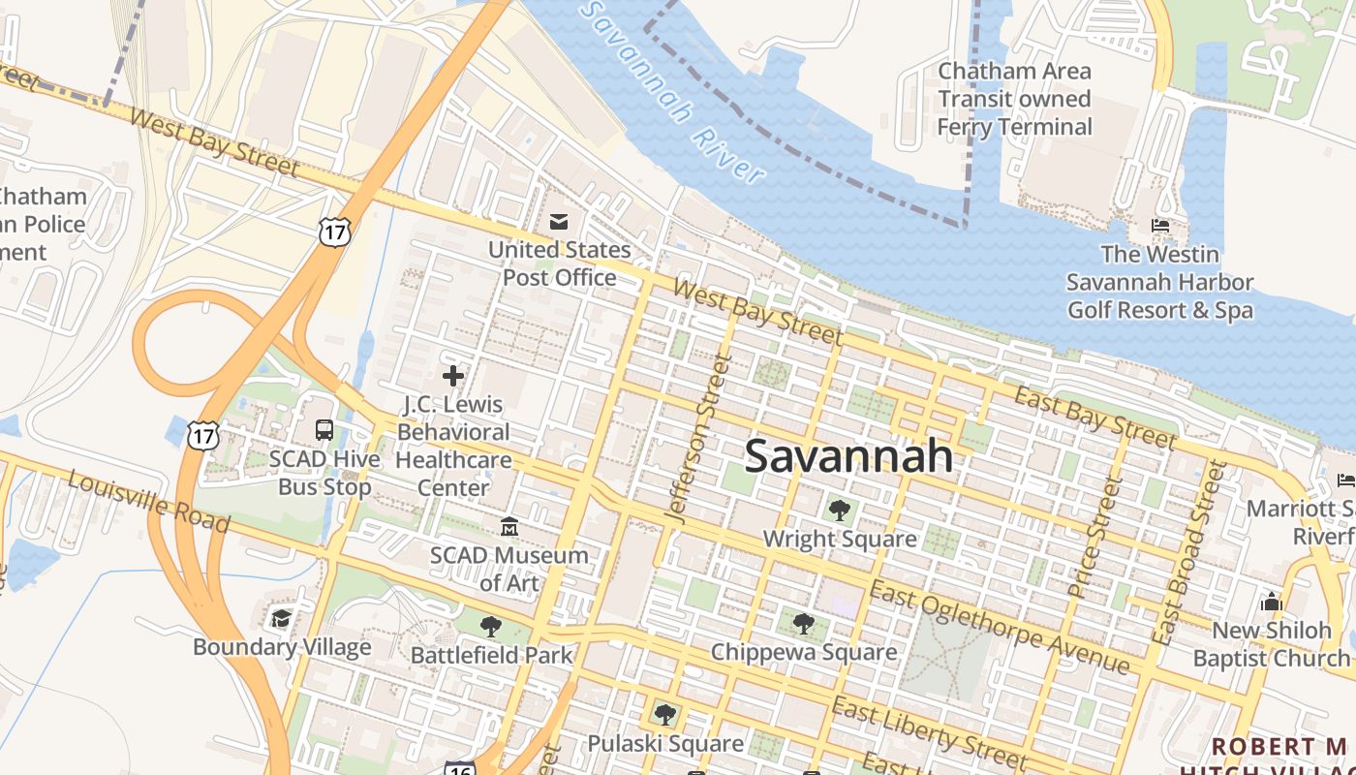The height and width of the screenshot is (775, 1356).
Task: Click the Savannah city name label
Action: point(848,455)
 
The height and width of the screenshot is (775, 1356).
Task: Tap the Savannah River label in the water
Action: point(674,92)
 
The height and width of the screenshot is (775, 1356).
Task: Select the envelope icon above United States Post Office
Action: point(559,222)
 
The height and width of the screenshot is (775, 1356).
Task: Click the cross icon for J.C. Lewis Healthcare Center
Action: point(452,375)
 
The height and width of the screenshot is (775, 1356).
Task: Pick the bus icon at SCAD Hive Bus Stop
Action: point(324,429)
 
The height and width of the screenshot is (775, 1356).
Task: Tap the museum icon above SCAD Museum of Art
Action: point(509,526)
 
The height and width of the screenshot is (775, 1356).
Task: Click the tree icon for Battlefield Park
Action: point(491,626)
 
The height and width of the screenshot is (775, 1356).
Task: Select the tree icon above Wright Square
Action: point(839,510)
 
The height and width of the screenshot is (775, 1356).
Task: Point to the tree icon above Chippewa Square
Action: point(803,623)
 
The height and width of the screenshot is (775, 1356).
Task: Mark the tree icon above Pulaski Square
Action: point(664,715)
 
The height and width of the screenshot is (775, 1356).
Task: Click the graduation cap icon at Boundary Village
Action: point(281,618)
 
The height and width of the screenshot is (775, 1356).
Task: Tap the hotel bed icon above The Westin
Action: point(1159,226)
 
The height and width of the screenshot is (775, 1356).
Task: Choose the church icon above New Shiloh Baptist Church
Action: point(1272,602)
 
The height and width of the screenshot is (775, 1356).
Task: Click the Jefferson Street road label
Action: point(697,439)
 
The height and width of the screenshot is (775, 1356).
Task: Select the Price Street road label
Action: point(1094,538)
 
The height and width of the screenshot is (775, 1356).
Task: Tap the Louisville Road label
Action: point(149,502)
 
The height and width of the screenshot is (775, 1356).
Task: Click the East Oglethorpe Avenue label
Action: point(999,628)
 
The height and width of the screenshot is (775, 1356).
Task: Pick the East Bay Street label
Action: point(1094,418)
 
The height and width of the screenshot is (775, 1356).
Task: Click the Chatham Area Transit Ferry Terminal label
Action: point(1014,99)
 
